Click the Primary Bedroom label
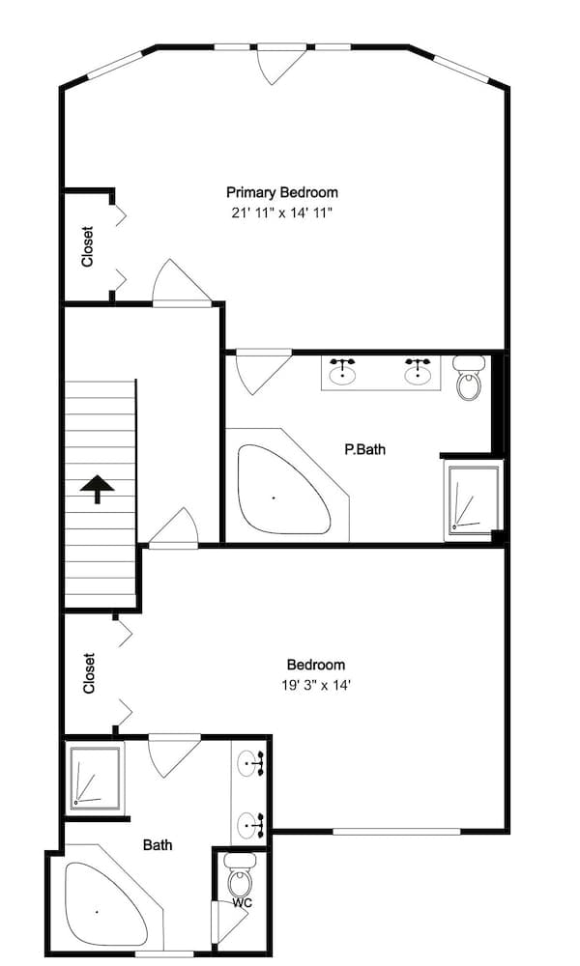pos(281,192)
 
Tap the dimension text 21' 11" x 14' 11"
pos(281,213)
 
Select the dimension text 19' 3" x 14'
pos(316,685)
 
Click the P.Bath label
pos(364,449)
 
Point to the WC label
pos(243,902)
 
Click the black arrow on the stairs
pos(98,489)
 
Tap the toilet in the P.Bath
pos(470,377)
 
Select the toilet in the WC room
pos(240,876)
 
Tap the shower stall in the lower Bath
pos(95,777)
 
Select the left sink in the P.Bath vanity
pos(342,372)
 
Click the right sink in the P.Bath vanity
pos(418,372)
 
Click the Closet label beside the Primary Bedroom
pos(88,246)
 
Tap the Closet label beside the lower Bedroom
pos(89,673)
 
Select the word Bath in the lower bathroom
pos(158,844)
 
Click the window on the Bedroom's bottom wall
pos(397,831)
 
